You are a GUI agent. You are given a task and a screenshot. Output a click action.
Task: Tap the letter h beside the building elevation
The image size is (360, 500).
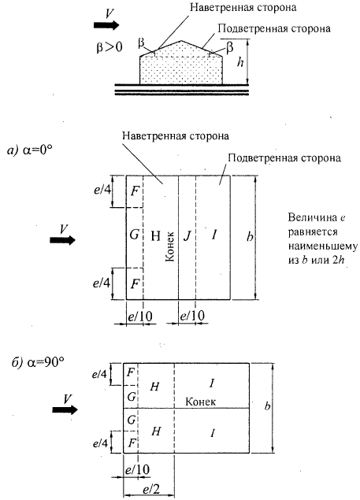tap(240, 62)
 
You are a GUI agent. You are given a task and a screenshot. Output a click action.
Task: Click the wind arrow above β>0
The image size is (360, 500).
tap(106, 25)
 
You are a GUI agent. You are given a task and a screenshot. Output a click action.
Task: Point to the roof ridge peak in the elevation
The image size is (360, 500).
tap(181, 41)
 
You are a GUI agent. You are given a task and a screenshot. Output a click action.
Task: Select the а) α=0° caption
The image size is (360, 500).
tap(29, 150)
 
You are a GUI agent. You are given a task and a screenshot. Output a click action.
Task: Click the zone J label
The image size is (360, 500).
tap(187, 236)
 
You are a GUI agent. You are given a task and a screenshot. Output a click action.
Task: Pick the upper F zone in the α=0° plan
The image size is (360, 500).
tap(135, 191)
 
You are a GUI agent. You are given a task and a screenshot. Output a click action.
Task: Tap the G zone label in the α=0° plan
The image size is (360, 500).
tap(135, 235)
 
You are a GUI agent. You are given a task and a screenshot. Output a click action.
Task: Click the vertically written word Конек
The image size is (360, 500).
tap(170, 246)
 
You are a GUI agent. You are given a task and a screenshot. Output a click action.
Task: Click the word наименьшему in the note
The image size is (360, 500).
tap(323, 246)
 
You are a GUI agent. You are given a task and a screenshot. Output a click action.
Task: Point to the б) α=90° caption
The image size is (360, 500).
tap(38, 362)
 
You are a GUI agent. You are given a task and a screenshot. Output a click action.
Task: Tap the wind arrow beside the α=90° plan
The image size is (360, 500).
tap(65, 409)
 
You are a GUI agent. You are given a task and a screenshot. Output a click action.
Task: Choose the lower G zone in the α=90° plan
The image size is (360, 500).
tap(132, 420)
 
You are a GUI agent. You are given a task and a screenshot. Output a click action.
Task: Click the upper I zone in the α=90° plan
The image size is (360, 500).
tap(212, 383)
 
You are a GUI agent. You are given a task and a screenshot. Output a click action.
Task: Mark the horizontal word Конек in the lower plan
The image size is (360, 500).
tap(200, 402)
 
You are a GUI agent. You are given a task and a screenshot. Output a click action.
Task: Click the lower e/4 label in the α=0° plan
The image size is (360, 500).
tap(102, 283)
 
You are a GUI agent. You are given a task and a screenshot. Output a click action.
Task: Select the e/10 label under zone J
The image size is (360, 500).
tap(191, 317)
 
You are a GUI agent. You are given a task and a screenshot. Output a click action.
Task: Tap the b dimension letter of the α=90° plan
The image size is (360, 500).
tap(268, 406)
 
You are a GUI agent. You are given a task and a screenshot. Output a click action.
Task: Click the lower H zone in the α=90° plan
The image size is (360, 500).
tap(155, 431)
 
